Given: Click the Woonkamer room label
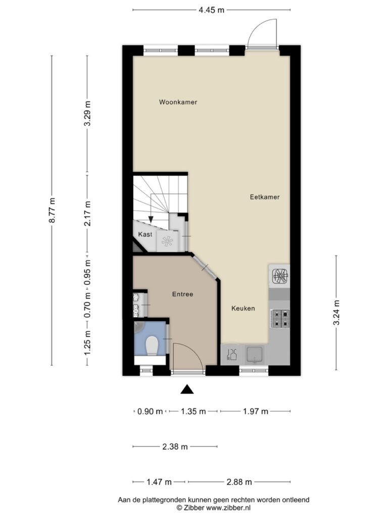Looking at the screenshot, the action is [x=178, y=102].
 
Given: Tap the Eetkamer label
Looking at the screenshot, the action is [x=265, y=197].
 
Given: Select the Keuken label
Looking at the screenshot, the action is [x=243, y=308].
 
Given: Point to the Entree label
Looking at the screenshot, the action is [x=182, y=294].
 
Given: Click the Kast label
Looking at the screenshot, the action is [x=145, y=234].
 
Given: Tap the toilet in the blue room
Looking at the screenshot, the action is [x=152, y=345].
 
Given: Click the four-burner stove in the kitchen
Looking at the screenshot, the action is [x=280, y=319].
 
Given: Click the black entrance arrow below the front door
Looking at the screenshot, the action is [x=187, y=389].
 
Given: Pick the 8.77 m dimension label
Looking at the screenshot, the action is [x=52, y=211].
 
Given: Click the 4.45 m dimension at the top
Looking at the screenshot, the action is [x=212, y=10].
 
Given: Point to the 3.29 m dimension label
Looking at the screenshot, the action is [x=87, y=114].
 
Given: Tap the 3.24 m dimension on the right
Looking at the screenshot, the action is [x=336, y=312].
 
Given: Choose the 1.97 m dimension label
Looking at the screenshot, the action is [x=255, y=411].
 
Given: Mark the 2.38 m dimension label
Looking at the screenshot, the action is [x=175, y=447].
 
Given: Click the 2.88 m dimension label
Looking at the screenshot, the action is [x=239, y=482].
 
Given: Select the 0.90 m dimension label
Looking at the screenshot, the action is [x=150, y=411].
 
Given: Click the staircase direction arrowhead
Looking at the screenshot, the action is [x=151, y=219].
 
